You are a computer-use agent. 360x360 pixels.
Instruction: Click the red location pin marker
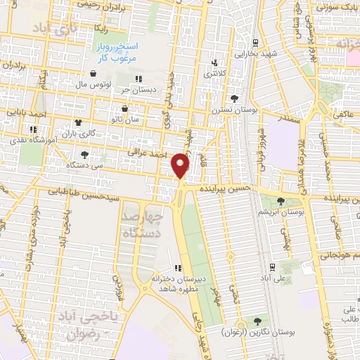pos(181,165)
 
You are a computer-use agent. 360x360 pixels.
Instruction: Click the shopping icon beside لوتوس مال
pos(93,73)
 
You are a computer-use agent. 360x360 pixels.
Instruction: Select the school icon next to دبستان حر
pos(139,79)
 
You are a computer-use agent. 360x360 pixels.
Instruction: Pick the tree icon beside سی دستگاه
pos(84,153)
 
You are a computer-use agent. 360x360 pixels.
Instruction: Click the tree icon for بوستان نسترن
pos(233,98)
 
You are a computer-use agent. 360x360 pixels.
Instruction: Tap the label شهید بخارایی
pos(255,53)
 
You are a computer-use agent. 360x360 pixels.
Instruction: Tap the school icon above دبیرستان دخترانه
pos(178,266)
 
